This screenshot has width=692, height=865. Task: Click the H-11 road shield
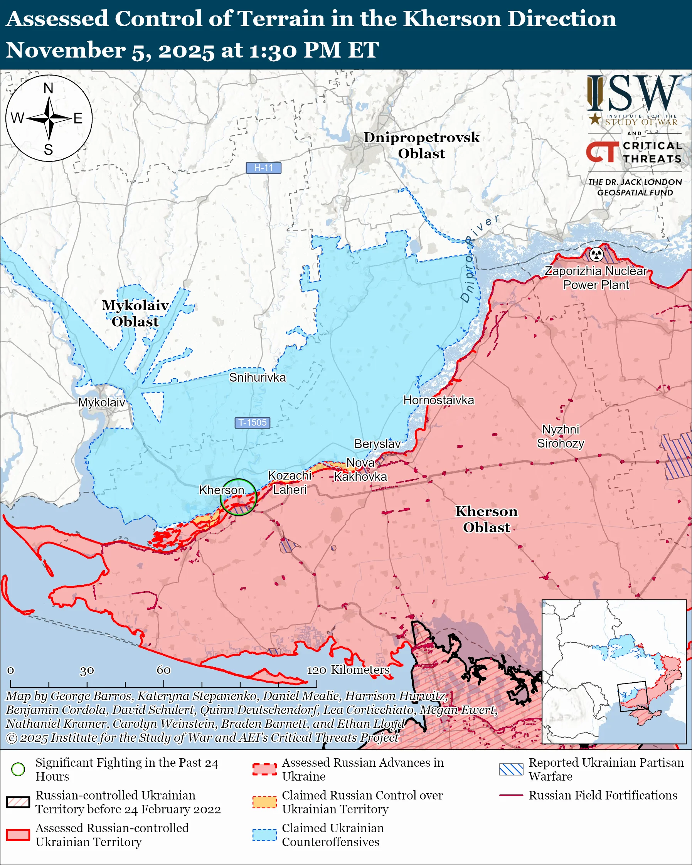point(263,168)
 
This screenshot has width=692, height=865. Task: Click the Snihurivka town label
point(257,377)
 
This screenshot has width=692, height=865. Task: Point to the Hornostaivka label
point(438,400)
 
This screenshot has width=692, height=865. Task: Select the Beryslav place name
point(377,444)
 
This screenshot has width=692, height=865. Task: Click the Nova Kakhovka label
point(360,470)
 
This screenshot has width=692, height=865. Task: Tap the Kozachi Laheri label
point(289,483)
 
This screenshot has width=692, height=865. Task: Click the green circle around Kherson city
point(238,497)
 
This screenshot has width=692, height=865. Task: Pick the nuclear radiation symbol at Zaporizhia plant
point(596,254)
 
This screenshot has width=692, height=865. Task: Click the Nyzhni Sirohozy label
point(561,436)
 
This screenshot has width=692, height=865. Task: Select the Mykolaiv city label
point(101,402)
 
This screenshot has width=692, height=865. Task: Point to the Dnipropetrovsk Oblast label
point(421,145)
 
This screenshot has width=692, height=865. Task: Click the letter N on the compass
point(49,88)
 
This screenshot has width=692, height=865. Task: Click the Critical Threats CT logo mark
point(603,151)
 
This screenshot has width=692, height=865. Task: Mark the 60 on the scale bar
point(163,670)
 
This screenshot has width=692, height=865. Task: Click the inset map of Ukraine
point(614,672)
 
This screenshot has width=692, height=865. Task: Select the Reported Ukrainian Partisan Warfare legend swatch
point(511,769)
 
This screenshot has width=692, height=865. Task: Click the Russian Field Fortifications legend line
point(511,795)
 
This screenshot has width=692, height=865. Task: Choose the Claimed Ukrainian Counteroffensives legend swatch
point(264,835)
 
